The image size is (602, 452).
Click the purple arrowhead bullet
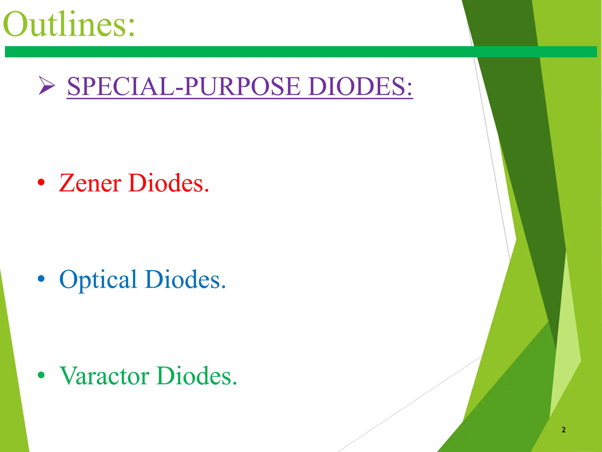pyautogui.click(x=46, y=86)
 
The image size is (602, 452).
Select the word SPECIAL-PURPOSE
pyautogui.click(x=184, y=86)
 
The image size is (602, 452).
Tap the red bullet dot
pyautogui.click(x=41, y=182)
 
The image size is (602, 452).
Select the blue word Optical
pyautogui.click(x=98, y=279)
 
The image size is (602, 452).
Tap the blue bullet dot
pyautogui.click(x=41, y=278)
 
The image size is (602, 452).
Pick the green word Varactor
pyautogui.click(x=104, y=376)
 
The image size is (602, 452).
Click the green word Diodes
pyautogui.click(x=194, y=376)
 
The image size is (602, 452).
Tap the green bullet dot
pyautogui.click(x=41, y=375)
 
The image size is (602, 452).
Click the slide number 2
pyautogui.click(x=563, y=430)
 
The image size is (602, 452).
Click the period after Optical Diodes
pyautogui.click(x=224, y=287)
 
